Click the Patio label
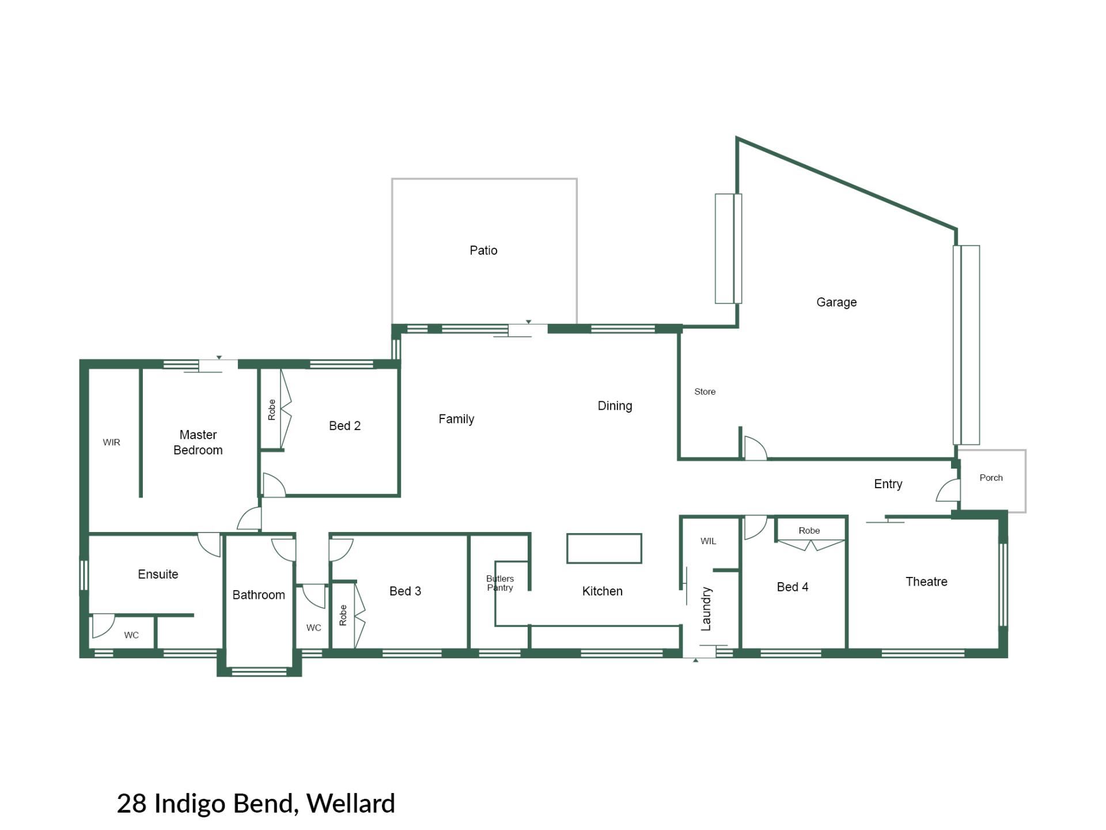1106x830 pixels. click(x=483, y=250)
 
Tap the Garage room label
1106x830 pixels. click(x=836, y=302)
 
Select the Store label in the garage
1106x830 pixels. click(x=705, y=391)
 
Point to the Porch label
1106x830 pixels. click(x=991, y=477)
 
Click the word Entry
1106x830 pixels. click(x=888, y=484)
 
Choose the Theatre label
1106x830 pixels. click(x=926, y=582)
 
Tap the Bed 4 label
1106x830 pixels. click(x=793, y=587)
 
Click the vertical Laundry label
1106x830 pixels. click(x=706, y=609)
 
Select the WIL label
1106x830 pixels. click(x=709, y=541)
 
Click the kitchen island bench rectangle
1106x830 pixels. click(x=604, y=548)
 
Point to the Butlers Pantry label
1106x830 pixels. click(x=500, y=583)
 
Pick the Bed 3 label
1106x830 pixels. click(x=405, y=591)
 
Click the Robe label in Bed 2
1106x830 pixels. click(x=272, y=409)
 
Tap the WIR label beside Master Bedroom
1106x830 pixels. click(x=112, y=442)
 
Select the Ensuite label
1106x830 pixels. click(x=158, y=574)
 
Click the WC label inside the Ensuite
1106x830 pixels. click(x=131, y=635)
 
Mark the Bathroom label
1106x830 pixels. click(x=259, y=595)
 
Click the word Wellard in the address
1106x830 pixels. click(x=351, y=803)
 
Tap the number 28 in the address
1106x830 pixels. click(x=132, y=803)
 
